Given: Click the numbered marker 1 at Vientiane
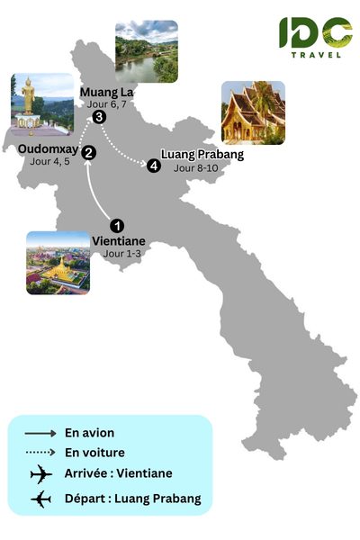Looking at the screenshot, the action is tap(115, 225).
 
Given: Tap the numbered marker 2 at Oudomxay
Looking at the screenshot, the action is tap(88, 154).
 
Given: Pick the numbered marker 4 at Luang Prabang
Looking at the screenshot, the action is tap(155, 166).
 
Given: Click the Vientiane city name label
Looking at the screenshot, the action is tap(118, 241).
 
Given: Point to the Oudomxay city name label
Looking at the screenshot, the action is tap(48, 149).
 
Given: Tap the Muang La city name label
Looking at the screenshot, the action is tap(105, 93).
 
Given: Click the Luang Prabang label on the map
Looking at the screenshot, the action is tap(202, 154).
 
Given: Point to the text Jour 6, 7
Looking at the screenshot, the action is tap(109, 105).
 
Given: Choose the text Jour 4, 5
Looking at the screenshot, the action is tap(48, 162).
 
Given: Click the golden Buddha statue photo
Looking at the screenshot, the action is tap(41, 102).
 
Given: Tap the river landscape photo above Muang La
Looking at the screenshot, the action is tap(146, 50).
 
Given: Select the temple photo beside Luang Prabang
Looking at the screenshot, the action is tap(253, 112).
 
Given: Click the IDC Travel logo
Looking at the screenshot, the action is tap(314, 38).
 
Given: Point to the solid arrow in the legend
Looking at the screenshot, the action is tap(36, 433).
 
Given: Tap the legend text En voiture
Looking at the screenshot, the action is tap(94, 453).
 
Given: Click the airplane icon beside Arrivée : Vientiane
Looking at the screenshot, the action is tap(41, 475).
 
